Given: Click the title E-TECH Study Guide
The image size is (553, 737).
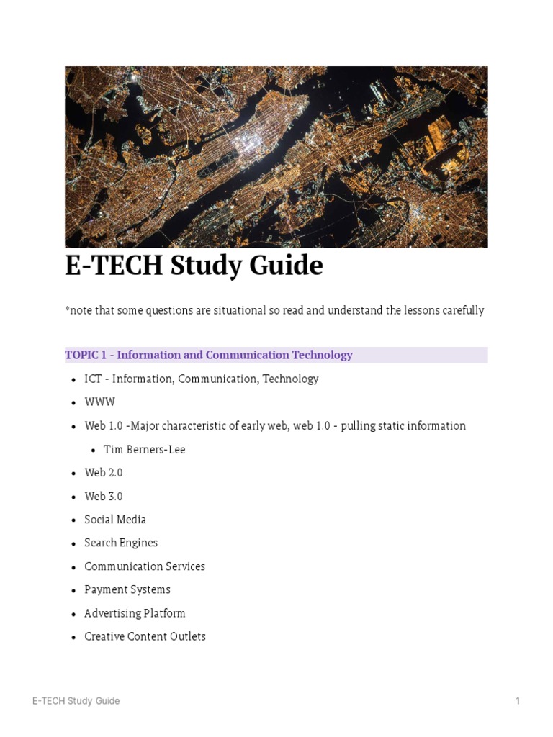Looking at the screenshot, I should pyautogui.click(x=194, y=266).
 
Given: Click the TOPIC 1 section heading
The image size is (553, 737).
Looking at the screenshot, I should pyautogui.click(x=209, y=355).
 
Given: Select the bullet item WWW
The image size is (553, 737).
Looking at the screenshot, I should pyautogui.click(x=99, y=402).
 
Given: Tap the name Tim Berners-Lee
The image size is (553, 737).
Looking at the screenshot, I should pyautogui.click(x=144, y=449).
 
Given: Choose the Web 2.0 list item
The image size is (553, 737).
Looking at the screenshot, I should pyautogui.click(x=103, y=472).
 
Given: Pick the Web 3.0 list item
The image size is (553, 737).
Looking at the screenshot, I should pyautogui.click(x=103, y=496).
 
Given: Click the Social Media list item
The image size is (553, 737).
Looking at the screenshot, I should pyautogui.click(x=115, y=519).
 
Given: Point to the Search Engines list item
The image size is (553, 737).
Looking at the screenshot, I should pyautogui.click(x=121, y=543).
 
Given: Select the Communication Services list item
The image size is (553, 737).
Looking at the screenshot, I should pyautogui.click(x=145, y=566).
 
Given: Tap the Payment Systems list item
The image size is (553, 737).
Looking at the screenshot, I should pyautogui.click(x=127, y=589).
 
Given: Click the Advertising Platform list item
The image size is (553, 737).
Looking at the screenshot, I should pyautogui.click(x=135, y=613).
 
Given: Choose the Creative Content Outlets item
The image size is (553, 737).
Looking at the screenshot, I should pyautogui.click(x=145, y=636).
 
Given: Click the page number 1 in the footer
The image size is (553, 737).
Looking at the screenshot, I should pyautogui.click(x=517, y=701).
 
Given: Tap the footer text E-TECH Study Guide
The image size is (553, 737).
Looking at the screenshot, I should pyautogui.click(x=76, y=701).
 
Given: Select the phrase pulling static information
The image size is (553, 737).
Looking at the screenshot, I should pyautogui.click(x=403, y=425).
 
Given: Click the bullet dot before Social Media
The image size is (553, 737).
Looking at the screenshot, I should pyautogui.click(x=74, y=520).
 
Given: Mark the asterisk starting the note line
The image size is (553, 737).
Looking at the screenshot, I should pyautogui.click(x=67, y=309).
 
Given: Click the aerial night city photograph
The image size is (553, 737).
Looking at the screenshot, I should pyautogui.click(x=276, y=157).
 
